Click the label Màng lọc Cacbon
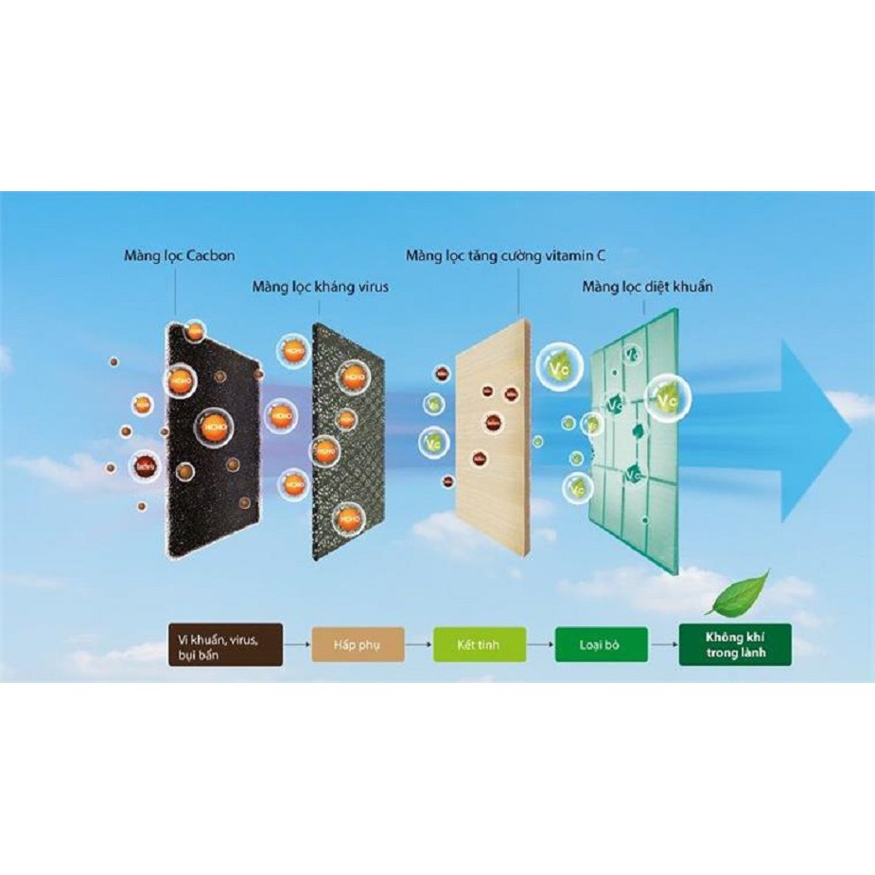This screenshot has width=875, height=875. coord(179,256)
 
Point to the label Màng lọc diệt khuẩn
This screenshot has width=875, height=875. coord(647,286)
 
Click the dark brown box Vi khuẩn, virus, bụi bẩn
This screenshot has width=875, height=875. coord(223,644)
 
